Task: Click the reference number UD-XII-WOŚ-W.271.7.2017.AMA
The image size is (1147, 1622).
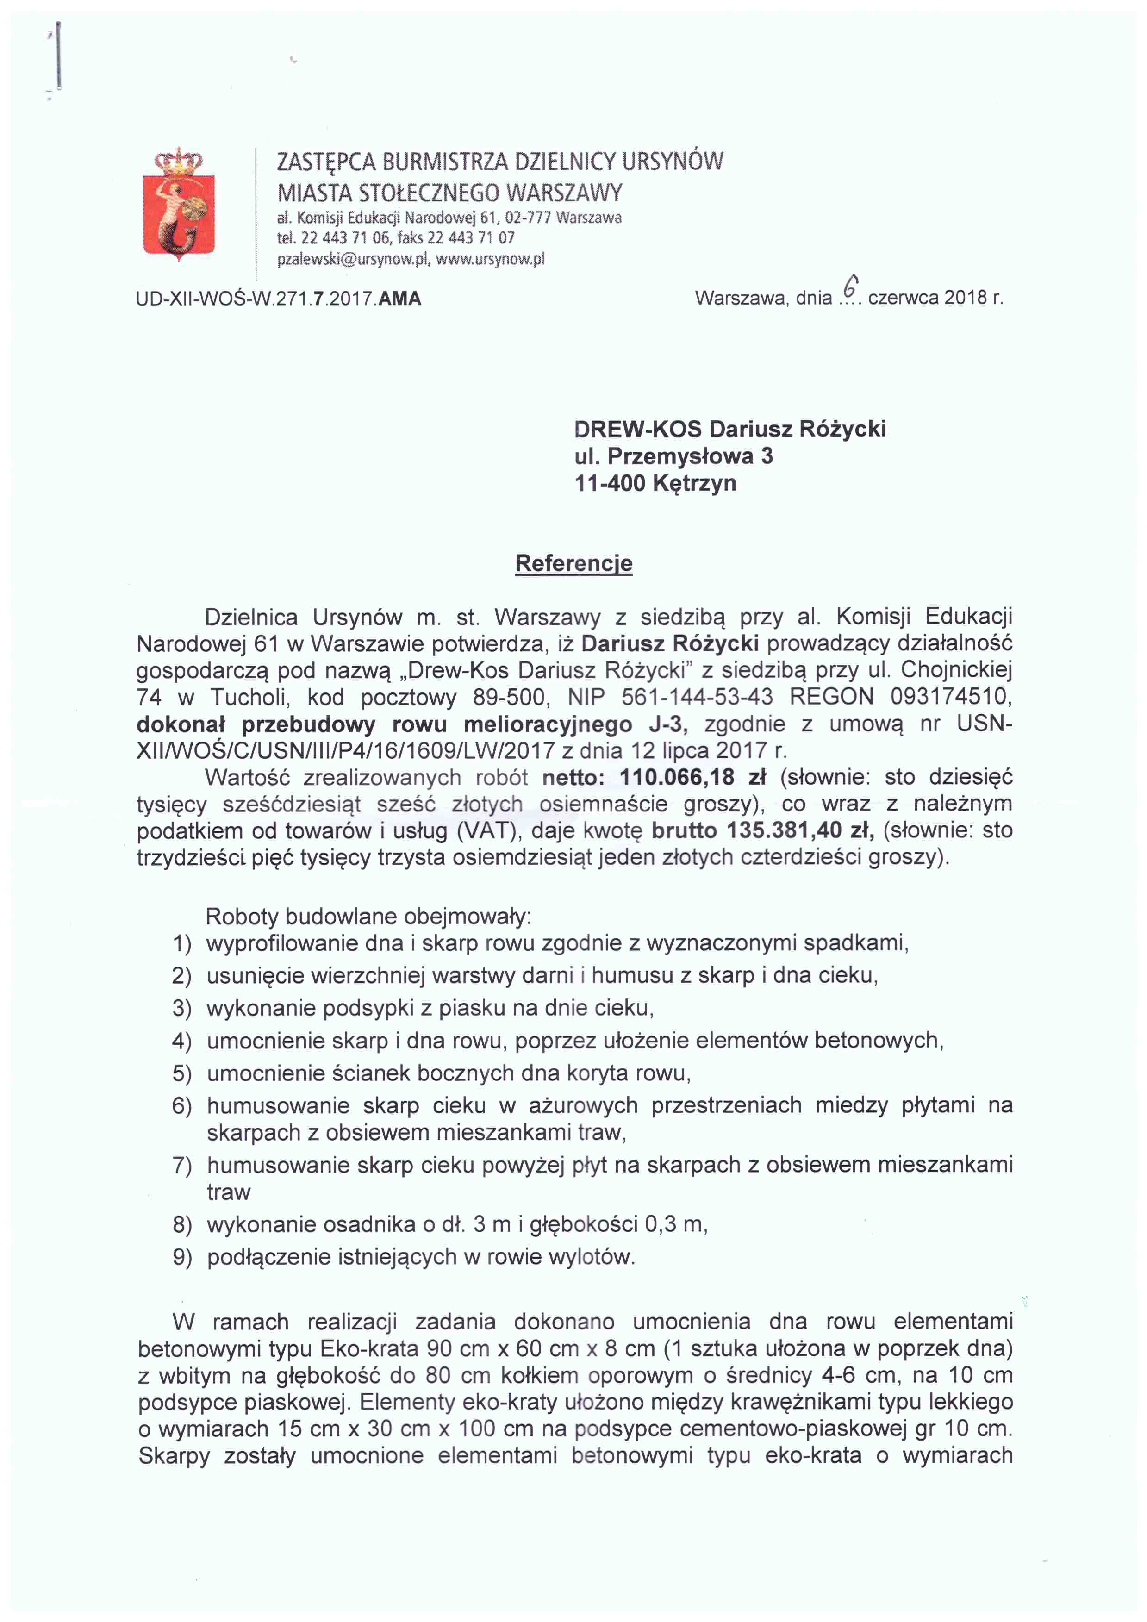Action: pos(278,298)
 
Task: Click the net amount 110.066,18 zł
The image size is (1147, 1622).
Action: pos(692,777)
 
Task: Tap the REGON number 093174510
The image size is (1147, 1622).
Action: pos(951,697)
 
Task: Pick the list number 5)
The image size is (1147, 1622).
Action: pos(182,1073)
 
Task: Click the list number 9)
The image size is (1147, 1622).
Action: pos(182,1257)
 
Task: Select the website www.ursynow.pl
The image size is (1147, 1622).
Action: pos(491,259)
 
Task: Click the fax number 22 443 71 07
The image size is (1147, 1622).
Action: pos(471,237)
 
